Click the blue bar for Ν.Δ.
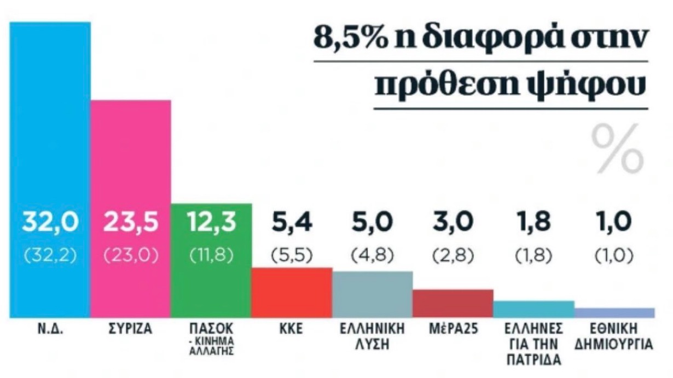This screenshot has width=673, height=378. coord(50,137)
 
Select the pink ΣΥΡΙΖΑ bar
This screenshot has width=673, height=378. coord(130,164)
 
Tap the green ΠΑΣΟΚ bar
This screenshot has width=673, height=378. coord(211,284)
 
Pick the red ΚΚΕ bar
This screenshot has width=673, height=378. coord(292,293)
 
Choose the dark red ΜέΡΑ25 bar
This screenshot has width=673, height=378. coord(452,304)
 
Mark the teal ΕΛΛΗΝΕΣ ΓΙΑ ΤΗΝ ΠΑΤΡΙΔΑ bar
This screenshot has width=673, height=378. coord(533,309)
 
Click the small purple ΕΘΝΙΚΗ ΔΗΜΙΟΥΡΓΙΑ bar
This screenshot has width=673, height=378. coord(614,312)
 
